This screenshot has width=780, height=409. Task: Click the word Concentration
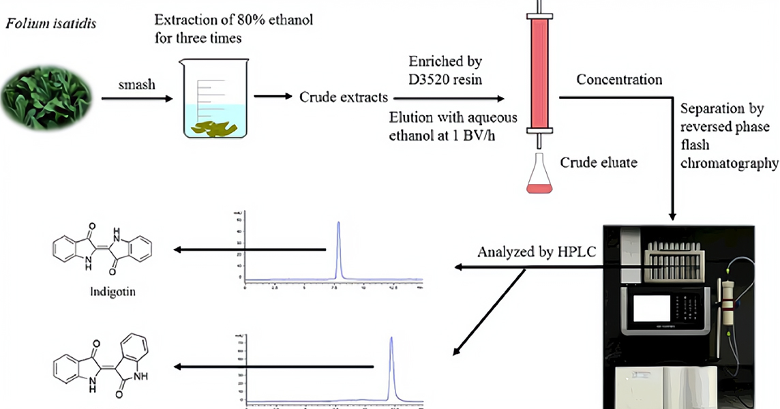tap(619, 80)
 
